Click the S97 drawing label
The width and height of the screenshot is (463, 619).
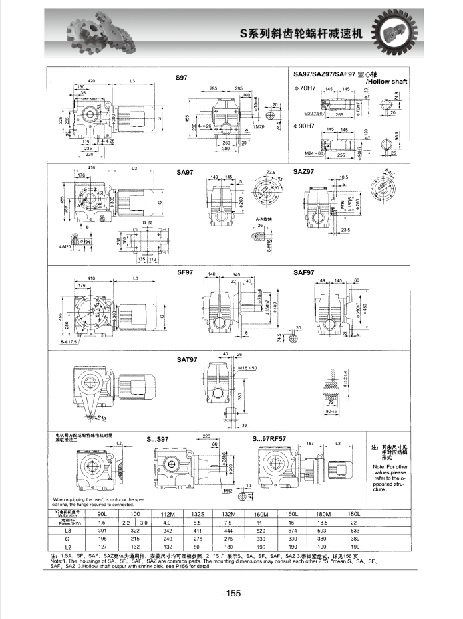click(181, 78)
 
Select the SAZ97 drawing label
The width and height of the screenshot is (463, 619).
click(303, 172)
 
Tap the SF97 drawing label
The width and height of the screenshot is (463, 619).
click(184, 272)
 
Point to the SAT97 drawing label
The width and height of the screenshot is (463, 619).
click(187, 360)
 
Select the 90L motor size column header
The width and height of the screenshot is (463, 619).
click(102, 513)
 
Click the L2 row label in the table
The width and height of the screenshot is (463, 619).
click(67, 546)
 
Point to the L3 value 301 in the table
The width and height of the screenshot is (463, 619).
click(102, 530)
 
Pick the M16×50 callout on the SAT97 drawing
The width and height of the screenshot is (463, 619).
click(247, 367)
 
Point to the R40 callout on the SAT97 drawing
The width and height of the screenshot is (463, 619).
click(102, 418)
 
